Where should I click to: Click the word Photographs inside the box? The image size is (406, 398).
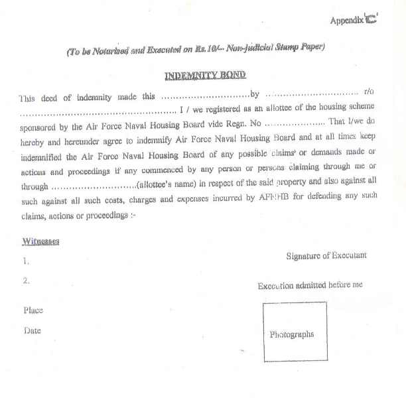[292, 334]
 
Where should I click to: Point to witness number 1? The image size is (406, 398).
[25, 261]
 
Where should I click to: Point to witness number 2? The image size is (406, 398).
[26, 281]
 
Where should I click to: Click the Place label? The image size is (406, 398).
[33, 310]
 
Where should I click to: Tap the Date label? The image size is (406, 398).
[32, 330]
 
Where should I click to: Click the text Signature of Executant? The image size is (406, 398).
[326, 255]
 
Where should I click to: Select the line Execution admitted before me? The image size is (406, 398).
[310, 285]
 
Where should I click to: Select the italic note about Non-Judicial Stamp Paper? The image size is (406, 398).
[195, 48]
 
